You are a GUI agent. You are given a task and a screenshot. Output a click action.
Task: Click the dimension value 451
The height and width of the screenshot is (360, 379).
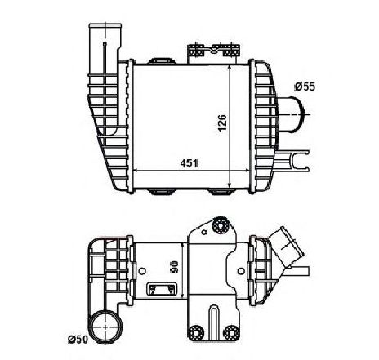point(189,163)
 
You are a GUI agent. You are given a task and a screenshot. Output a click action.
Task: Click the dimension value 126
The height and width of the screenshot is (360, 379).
point(222,123)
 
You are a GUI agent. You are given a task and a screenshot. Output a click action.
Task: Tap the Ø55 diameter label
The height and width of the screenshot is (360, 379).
point(305,87)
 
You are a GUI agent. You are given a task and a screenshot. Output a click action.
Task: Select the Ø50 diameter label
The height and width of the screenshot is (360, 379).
point(78,340)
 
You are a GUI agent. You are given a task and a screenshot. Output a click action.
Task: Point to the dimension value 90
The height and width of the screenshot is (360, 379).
point(174,268)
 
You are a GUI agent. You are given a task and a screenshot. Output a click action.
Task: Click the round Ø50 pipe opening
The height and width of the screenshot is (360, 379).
point(105,326)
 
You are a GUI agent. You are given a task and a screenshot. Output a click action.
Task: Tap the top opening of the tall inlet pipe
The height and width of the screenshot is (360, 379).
point(105,26)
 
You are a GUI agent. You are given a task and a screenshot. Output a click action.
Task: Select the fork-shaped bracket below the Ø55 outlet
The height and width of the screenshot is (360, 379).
point(293,161)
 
